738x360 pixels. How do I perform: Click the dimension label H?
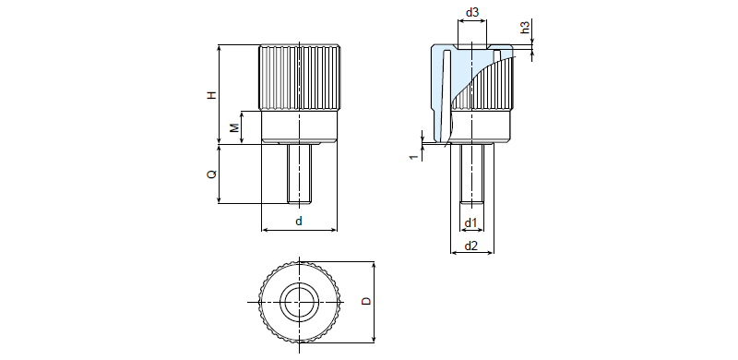click(213, 95)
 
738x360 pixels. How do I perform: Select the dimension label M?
click(234, 126)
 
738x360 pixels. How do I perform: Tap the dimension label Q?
click(212, 174)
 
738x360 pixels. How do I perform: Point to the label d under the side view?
click(299, 221)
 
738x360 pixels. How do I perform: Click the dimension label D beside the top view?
click(366, 301)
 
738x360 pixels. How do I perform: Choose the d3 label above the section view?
click(471, 13)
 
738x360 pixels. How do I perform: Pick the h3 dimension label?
click(525, 27)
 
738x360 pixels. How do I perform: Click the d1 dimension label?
click(471, 222)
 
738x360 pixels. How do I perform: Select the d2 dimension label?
click(471, 246)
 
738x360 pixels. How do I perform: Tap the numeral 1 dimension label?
click(413, 157)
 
